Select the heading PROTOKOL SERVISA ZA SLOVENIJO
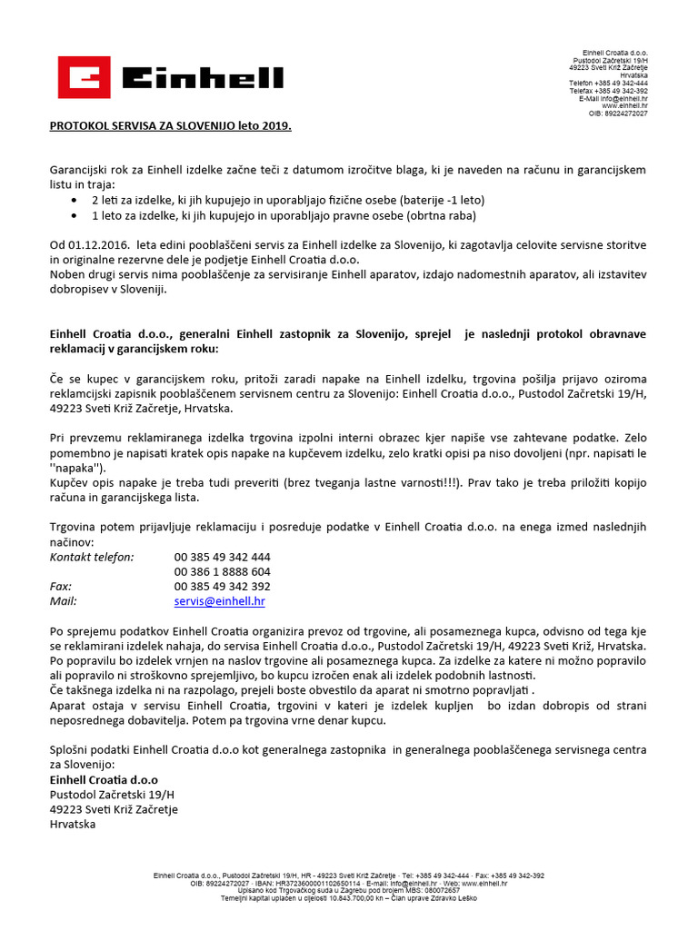point(170,126)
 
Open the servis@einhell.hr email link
point(219,601)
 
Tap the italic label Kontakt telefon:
point(91,557)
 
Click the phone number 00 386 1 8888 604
point(222,571)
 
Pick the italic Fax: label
point(60,587)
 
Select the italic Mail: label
point(63,601)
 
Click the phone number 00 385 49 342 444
point(222,557)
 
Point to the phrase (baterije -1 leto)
point(442,200)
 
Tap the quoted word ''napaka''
point(75,468)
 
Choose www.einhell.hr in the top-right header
point(625,105)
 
